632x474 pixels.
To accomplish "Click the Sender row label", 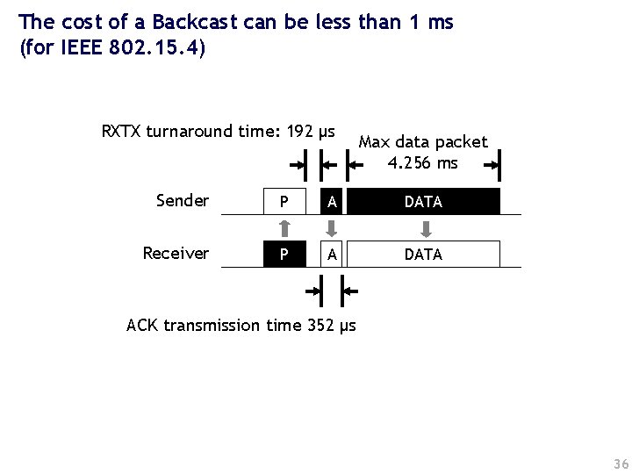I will pyautogui.click(x=182, y=201).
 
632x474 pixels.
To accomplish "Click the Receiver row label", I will pyautogui.click(x=176, y=254).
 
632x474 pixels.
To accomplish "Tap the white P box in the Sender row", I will pyautogui.click(x=284, y=202).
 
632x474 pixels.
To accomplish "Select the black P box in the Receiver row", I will pyautogui.click(x=284, y=254).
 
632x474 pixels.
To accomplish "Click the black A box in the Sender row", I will pyautogui.click(x=331, y=202).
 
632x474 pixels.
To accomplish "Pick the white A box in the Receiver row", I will pyautogui.click(x=331, y=254).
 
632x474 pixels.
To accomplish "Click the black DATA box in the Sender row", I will pyautogui.click(x=423, y=202).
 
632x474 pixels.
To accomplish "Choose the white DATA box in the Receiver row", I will pyautogui.click(x=423, y=254).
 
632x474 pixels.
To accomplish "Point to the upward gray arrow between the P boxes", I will pyautogui.click(x=284, y=228).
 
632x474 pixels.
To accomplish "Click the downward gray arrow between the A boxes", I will pyautogui.click(x=331, y=228).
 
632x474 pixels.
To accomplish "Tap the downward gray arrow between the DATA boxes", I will pyautogui.click(x=425, y=228).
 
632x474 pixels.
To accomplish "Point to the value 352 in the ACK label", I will pyautogui.click(x=322, y=326).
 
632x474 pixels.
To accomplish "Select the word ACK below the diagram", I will pyautogui.click(x=142, y=326).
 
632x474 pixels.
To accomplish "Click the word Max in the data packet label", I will pyautogui.click(x=375, y=142).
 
